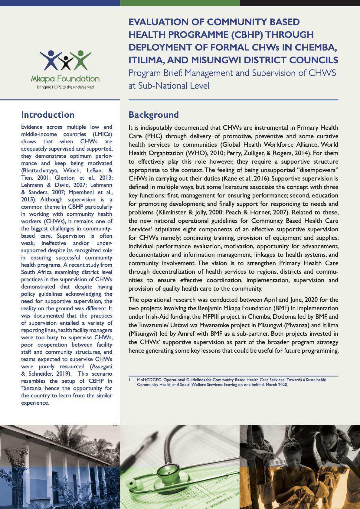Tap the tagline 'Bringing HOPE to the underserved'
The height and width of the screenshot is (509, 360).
click(x=65, y=87)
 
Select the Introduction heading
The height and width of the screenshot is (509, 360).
click(x=48, y=115)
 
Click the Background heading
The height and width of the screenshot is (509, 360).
click(x=154, y=115)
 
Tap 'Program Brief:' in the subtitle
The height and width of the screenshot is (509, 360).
click(x=155, y=73)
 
